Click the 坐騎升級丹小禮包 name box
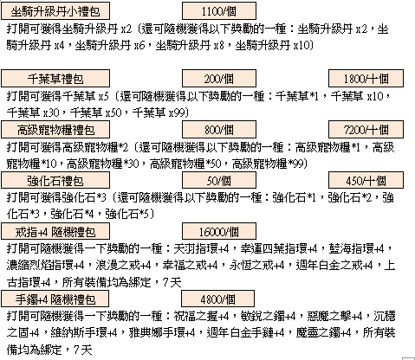point(55,10)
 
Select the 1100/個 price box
point(219,10)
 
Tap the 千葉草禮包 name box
point(55,78)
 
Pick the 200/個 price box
point(219,78)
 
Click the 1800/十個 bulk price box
point(366,78)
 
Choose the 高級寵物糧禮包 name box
point(55,129)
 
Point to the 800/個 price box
point(219,129)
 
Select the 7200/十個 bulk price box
point(366,129)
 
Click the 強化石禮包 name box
point(55,180)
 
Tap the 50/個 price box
point(219,180)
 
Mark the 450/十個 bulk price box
point(366,180)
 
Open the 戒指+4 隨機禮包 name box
point(55,231)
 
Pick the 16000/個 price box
point(219,231)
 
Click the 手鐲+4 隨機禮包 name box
point(55,299)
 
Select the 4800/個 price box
point(217,299)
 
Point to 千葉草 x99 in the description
point(159,112)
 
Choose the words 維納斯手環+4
point(84,332)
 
